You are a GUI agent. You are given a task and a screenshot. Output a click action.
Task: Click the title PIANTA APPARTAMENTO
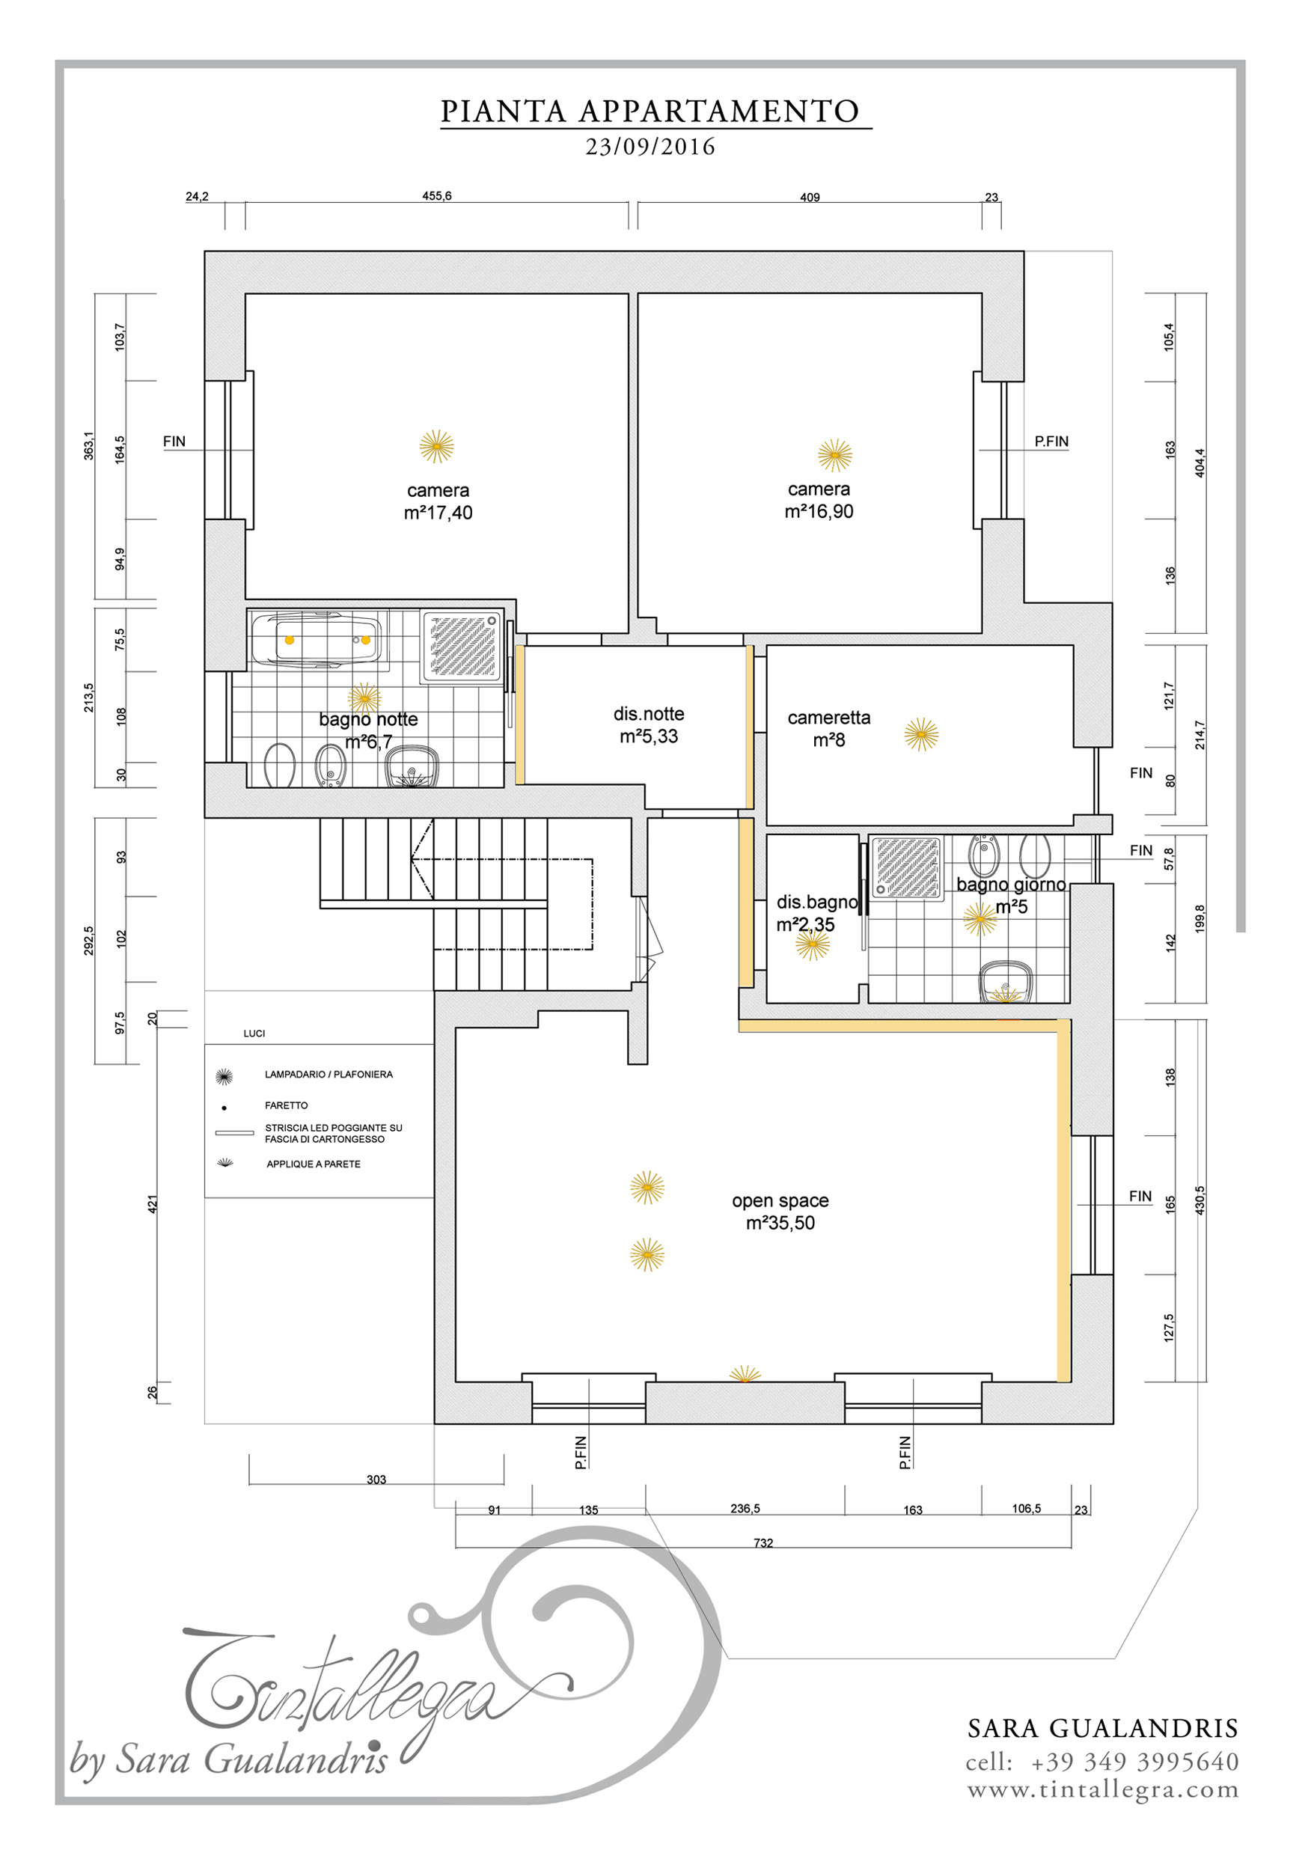coord(650,112)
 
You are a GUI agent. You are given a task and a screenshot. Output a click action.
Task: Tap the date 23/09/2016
coord(651,147)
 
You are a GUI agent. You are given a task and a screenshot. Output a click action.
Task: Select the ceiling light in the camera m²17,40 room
coord(436,446)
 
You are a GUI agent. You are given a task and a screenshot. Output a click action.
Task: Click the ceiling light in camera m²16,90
coord(834,455)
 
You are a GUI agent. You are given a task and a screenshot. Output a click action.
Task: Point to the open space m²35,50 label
coord(780,1212)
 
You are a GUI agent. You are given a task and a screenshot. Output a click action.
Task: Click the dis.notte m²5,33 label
coord(648,725)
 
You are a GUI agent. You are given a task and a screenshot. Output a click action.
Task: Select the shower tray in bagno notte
coord(462,646)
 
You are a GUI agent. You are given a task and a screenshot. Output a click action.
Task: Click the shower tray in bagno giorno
coord(906,868)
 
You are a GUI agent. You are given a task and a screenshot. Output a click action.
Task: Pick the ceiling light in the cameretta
coord(921,735)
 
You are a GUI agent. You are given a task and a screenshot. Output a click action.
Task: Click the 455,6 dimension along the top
coord(436,195)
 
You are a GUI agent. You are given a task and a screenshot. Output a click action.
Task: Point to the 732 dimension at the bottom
coord(763,1543)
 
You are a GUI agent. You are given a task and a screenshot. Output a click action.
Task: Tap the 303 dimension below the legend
coord(376,1480)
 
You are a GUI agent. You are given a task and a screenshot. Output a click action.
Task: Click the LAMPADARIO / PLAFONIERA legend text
coord(329,1075)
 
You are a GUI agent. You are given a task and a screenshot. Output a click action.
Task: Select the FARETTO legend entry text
coord(286,1105)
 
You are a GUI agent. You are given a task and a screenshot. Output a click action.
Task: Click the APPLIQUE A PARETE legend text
coord(314,1164)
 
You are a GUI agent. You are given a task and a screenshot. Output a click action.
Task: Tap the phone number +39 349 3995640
coord(1134,1762)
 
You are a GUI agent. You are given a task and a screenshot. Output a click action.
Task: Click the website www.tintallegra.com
coord(1103,1791)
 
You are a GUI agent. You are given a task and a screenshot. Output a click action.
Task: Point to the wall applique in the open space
coord(745,1374)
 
